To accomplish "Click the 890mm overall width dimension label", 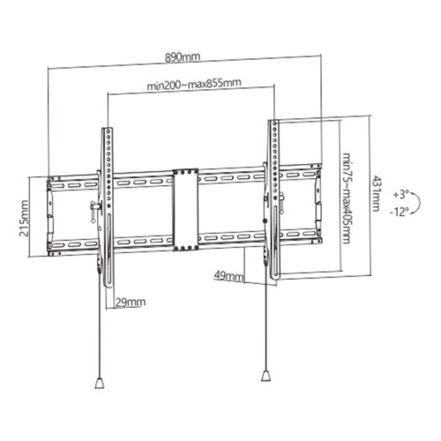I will coord(183,57).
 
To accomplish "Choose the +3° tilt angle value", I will coord(404,191).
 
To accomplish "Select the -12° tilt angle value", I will coord(404,212).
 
